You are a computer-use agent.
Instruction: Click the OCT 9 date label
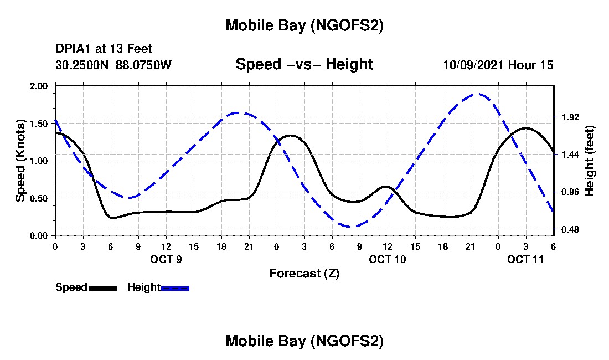166,259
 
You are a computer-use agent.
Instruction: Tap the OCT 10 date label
388,259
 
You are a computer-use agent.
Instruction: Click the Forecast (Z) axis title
304,274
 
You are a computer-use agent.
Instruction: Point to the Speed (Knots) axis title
20,161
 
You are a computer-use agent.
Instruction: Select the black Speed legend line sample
103,288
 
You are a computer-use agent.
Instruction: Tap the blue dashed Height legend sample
175,288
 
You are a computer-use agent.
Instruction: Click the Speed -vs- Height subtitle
304,64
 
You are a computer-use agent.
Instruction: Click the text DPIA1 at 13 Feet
104,49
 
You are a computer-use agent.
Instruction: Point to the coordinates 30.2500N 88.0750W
113,65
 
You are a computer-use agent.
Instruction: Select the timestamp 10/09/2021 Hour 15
498,65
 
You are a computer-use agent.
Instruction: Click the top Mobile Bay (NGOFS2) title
304,26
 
